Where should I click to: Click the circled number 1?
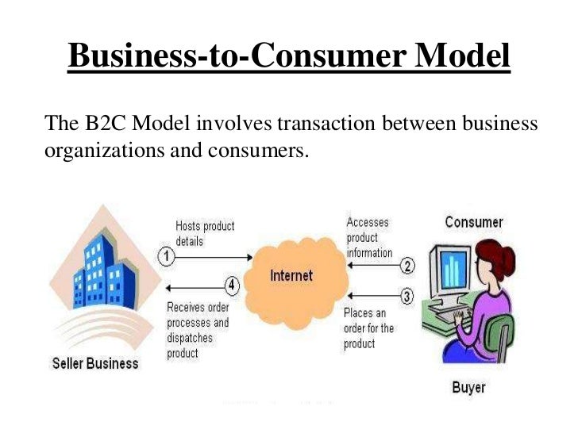tap(167, 256)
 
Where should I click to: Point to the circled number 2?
tap(407, 266)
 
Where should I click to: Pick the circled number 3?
tap(407, 297)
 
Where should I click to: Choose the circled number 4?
tap(231, 285)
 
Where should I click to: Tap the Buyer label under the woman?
tap(468, 387)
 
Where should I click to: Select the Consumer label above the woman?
tap(473, 222)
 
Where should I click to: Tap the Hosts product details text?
tap(205, 233)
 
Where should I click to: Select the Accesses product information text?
tap(369, 238)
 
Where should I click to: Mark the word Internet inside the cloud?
tap(291, 276)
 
